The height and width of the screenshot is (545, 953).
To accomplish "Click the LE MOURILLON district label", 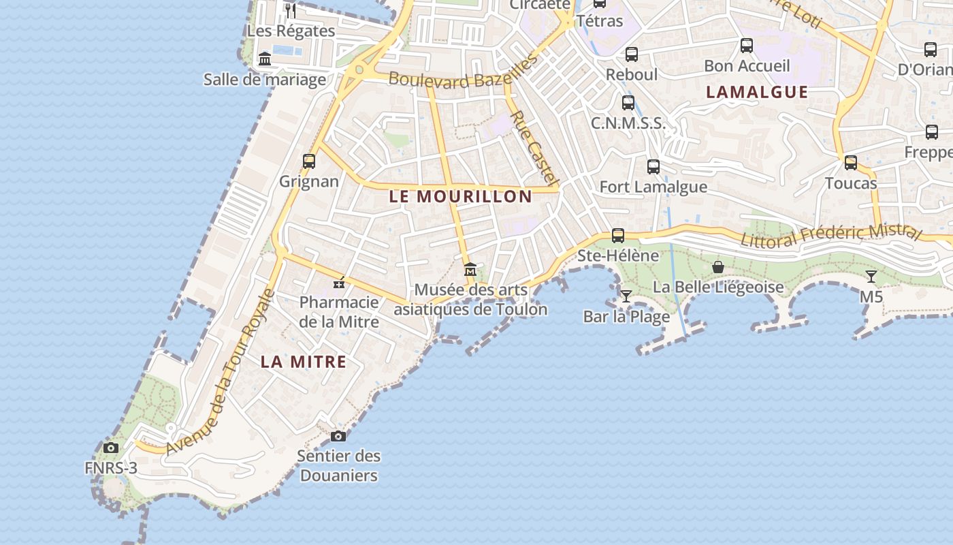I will pyautogui.click(x=460, y=197).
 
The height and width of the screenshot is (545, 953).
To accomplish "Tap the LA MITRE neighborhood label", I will pyautogui.click(x=304, y=362).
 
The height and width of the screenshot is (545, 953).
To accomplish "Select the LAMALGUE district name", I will pyautogui.click(x=757, y=92).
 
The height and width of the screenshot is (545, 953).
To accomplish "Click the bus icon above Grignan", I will pyautogui.click(x=309, y=161).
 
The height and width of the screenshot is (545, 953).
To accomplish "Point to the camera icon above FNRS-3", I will pyautogui.click(x=111, y=448).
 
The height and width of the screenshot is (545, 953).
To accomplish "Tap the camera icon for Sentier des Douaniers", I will pyautogui.click(x=338, y=436).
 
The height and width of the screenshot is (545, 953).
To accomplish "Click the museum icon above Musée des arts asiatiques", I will pyautogui.click(x=470, y=270).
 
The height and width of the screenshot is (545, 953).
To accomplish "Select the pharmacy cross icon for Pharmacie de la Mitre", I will pyautogui.click(x=339, y=283).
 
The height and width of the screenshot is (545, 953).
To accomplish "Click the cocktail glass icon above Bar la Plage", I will pyautogui.click(x=626, y=296).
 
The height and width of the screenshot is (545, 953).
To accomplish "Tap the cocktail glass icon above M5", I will pyautogui.click(x=871, y=277).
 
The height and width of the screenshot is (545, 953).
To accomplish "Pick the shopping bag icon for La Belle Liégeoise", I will pyautogui.click(x=717, y=267).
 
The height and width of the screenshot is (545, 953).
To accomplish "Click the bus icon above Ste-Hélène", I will pyautogui.click(x=618, y=236).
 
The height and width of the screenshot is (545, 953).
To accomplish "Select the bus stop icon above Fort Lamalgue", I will pyautogui.click(x=653, y=166).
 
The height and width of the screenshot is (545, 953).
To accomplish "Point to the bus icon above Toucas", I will pyautogui.click(x=851, y=163).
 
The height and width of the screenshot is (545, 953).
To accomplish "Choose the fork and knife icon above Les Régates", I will pyautogui.click(x=291, y=11).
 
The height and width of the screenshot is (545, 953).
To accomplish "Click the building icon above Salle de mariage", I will pyautogui.click(x=265, y=59).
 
